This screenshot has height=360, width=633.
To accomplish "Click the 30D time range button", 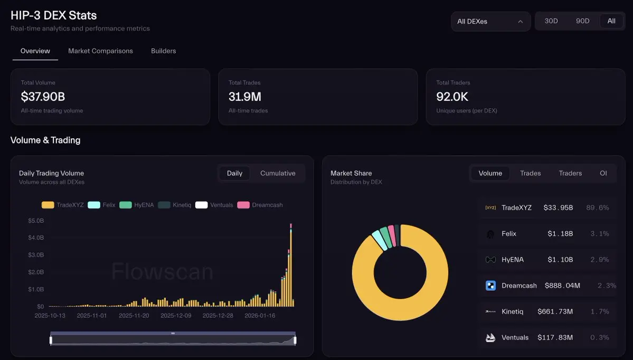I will (551, 21).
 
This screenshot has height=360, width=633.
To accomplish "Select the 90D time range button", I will (583, 21).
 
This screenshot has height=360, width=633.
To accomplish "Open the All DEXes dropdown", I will (490, 22).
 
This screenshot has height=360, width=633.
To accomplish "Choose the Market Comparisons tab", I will (100, 51).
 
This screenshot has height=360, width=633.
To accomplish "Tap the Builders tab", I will (163, 51).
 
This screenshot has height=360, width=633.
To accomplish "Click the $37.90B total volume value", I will (43, 97).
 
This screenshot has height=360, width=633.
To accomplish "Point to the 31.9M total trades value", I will (245, 97).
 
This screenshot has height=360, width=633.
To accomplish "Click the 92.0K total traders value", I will (452, 97).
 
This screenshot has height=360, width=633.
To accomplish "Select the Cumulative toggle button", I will (278, 173).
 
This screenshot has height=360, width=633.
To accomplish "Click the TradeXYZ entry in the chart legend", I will (63, 205).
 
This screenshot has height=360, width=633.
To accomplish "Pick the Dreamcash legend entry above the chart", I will (260, 205).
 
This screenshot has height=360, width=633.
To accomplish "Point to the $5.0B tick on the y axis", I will (36, 221).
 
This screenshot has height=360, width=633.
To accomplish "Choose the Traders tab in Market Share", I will (570, 173).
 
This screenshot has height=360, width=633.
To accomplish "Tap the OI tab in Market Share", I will (603, 173).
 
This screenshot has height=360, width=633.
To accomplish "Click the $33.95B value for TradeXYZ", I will (558, 207).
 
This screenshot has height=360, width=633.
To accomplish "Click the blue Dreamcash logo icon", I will (490, 286).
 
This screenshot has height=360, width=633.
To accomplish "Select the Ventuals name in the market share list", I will (515, 337).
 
